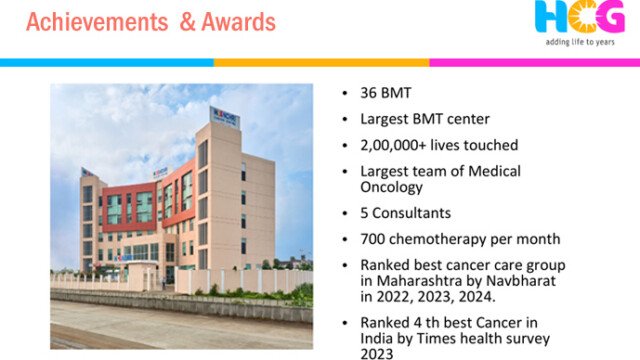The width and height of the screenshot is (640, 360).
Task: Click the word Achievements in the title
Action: coord(97,22)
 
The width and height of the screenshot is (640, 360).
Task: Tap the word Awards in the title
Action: coord(238,22)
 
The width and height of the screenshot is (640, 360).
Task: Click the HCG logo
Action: coord(580,16)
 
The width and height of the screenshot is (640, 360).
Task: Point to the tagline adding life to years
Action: coord(580,42)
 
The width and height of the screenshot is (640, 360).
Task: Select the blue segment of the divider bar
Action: coord(107,62)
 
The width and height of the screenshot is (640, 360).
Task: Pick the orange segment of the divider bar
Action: coord(322,62)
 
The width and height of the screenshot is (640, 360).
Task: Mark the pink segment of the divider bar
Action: coord(535,62)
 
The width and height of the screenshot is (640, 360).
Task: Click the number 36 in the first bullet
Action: coord(368,93)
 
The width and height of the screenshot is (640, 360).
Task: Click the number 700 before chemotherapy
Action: coord(373,239)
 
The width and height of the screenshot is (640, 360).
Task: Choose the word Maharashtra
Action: coord(424,281)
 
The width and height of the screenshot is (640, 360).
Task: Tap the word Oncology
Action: coord(391,188)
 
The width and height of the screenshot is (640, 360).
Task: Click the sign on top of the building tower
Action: coord(224,118)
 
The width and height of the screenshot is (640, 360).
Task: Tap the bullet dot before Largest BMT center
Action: coord(345,119)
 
